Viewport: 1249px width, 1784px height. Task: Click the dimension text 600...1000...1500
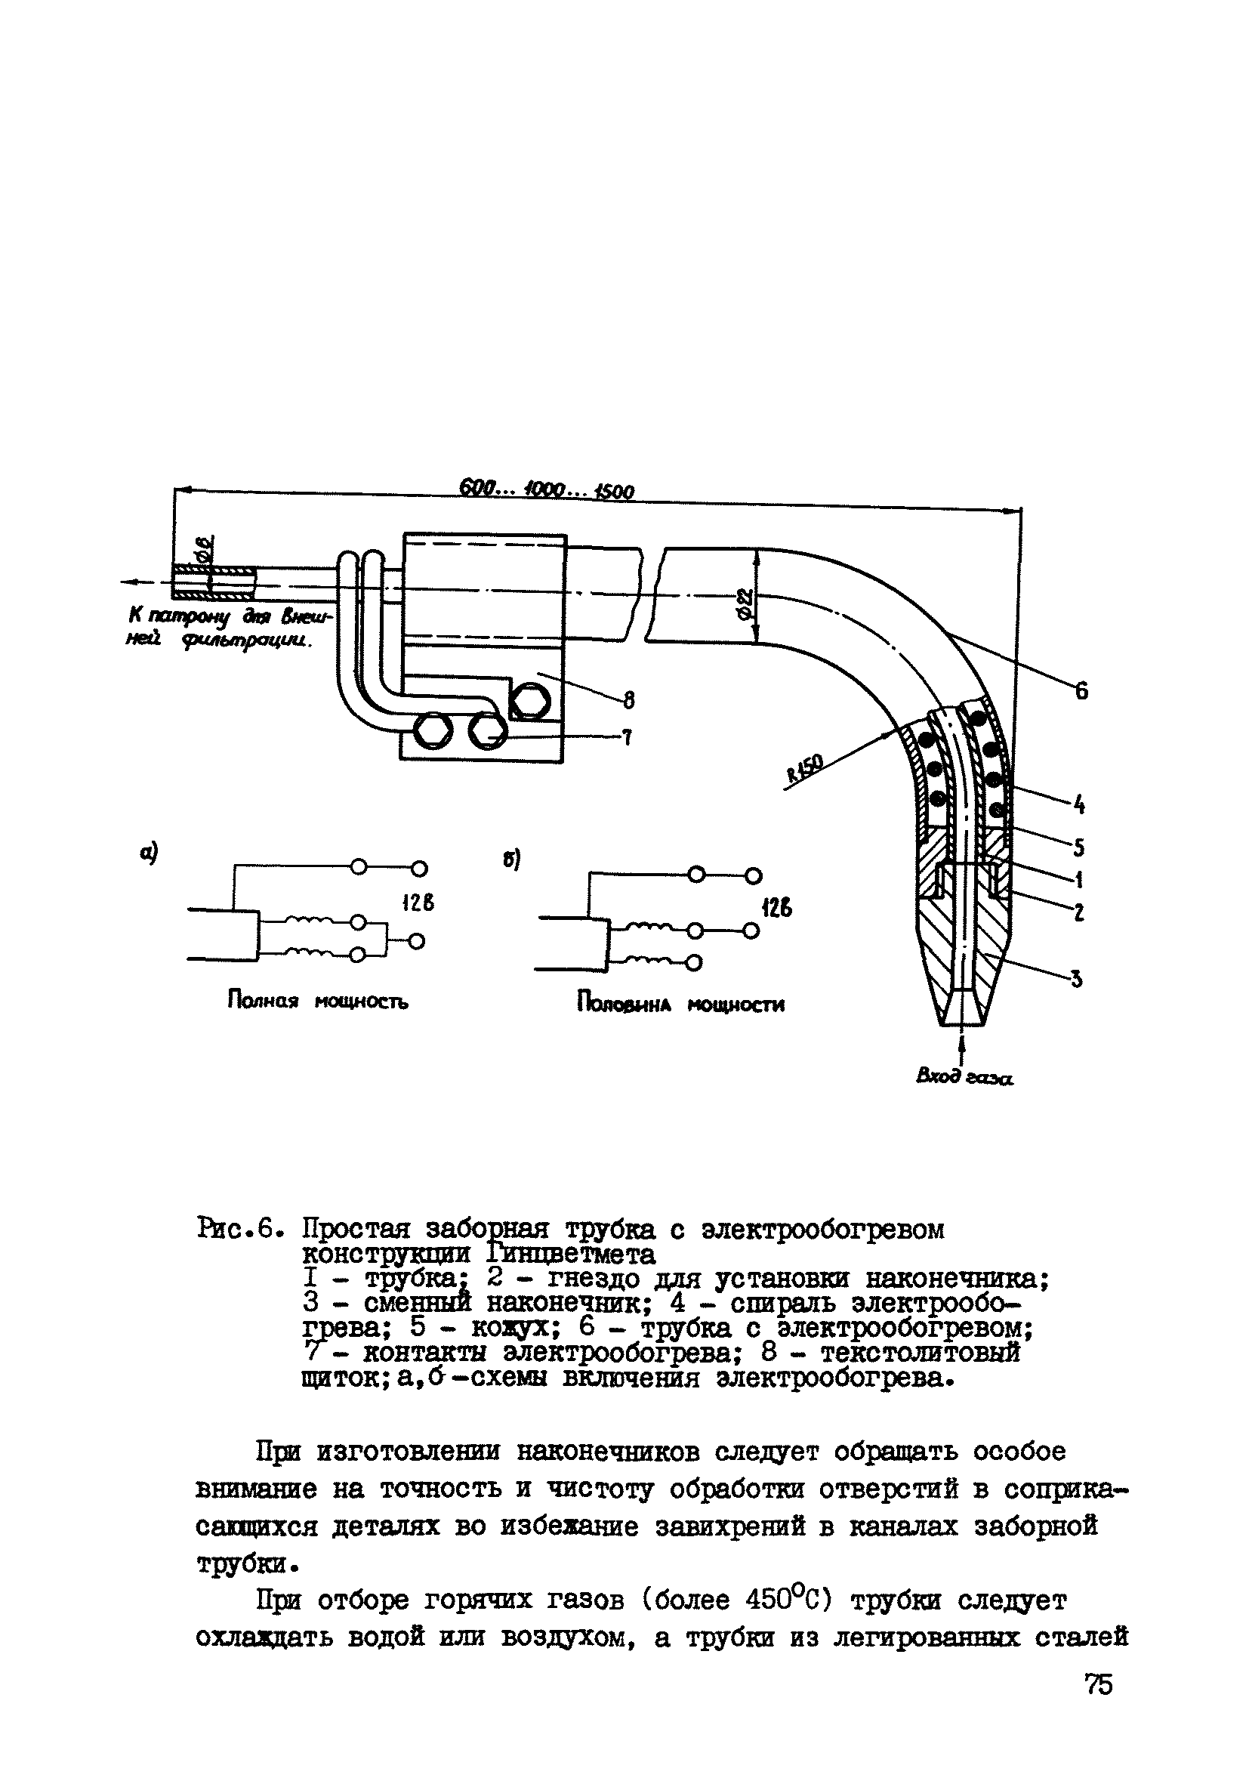point(547,490)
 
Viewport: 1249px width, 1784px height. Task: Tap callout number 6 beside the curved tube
point(1081,690)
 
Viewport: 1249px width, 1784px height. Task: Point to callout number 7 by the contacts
point(628,738)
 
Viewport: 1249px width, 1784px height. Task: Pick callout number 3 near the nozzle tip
point(1077,980)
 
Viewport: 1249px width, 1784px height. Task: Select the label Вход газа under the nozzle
point(965,1078)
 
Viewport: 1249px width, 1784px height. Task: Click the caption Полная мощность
point(318,1002)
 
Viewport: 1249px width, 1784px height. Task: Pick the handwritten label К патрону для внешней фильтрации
point(230,628)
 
